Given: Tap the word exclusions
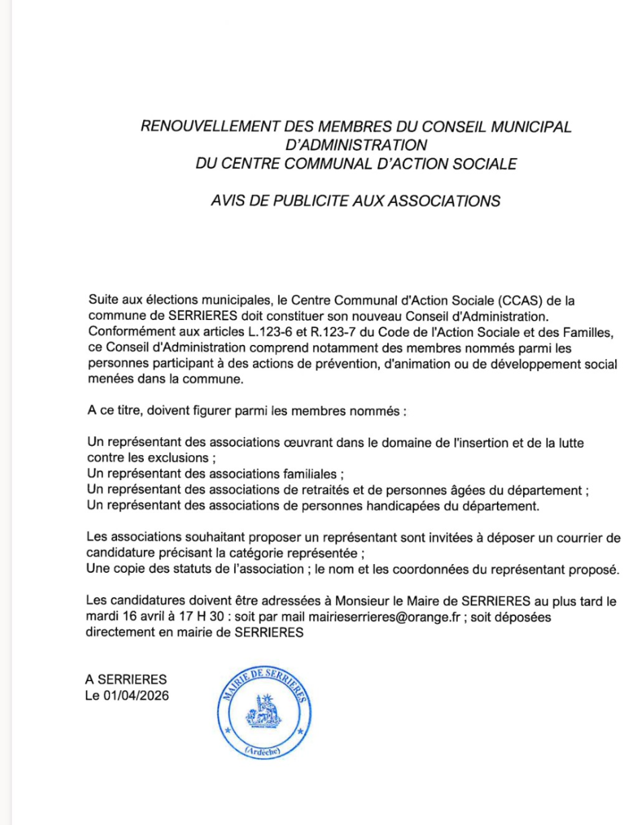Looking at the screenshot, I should pyautogui.click(x=175, y=459).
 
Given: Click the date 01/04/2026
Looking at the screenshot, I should pyautogui.click(x=135, y=695).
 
